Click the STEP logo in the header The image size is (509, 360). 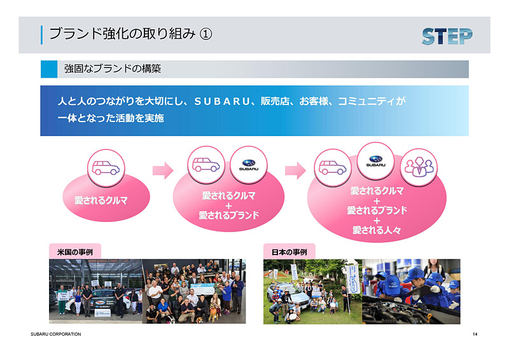(447, 35)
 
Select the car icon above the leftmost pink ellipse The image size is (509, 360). (106, 167)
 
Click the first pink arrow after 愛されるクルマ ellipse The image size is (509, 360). (163, 170)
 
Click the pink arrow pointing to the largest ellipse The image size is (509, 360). (295, 170)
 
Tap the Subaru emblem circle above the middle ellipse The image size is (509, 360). (248, 163)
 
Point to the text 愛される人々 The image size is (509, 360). (377, 230)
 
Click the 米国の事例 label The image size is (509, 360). (74, 252)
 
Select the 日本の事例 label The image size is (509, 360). (289, 252)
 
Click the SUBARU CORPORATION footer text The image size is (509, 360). (55, 334)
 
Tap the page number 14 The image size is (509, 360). (475, 334)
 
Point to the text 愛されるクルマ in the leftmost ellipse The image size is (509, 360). (101, 200)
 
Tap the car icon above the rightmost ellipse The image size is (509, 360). (333, 167)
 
